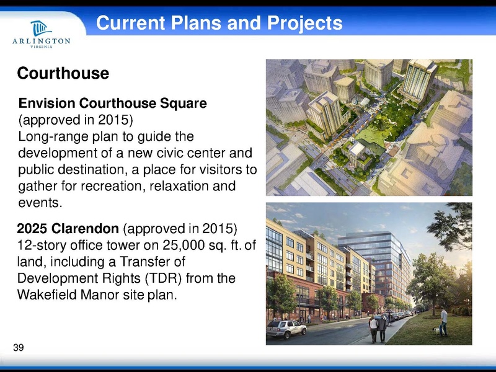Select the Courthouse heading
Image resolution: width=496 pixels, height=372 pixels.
click(x=63, y=74)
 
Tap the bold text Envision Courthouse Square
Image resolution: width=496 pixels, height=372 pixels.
click(x=112, y=102)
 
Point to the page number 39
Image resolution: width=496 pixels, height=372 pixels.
click(x=18, y=347)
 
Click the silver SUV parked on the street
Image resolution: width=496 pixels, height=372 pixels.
click(x=286, y=328)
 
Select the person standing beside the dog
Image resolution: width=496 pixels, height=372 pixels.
click(x=443, y=321)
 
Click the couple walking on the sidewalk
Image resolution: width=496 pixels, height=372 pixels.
click(x=377, y=328)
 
